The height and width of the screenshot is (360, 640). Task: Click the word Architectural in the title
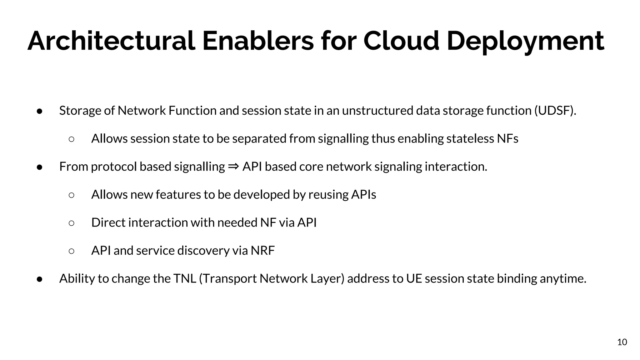pyautogui.click(x=111, y=41)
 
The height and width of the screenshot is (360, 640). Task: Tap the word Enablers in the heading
pyautogui.click(x=258, y=41)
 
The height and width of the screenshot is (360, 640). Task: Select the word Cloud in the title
pyautogui.click(x=401, y=41)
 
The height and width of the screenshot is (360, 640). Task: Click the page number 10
pyautogui.click(x=622, y=342)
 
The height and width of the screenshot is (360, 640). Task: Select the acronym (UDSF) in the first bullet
pyautogui.click(x=555, y=111)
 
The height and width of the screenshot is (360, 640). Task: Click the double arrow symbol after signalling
pyautogui.click(x=233, y=166)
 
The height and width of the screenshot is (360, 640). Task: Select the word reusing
pyautogui.click(x=328, y=195)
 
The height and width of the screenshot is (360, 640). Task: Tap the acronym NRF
pyautogui.click(x=262, y=251)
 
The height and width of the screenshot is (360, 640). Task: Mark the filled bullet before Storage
pyautogui.click(x=40, y=111)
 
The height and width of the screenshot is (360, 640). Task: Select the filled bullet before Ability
pyautogui.click(x=40, y=279)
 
